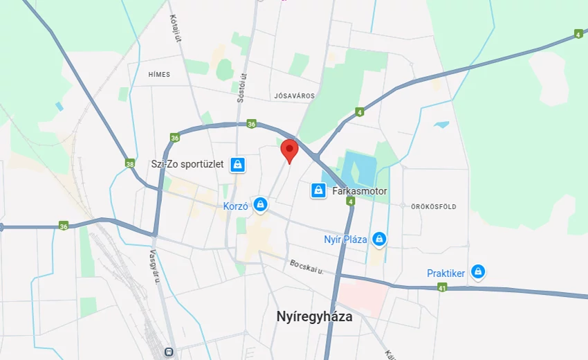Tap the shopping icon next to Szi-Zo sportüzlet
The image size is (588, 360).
(237, 165)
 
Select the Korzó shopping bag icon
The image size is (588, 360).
(260, 204)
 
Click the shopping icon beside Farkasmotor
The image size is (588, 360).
(318, 190)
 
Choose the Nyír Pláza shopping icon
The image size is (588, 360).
(379, 240)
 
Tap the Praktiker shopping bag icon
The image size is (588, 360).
(477, 272)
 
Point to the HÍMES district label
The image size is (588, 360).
(158, 74)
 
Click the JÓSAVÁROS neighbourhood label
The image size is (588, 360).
(294, 96)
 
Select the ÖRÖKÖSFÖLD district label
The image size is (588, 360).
(434, 206)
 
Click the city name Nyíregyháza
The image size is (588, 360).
(314, 317)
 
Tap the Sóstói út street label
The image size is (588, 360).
(241, 88)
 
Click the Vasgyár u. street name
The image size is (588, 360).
(155, 266)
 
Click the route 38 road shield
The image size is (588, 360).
(130, 164)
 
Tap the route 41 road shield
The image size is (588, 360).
(442, 287)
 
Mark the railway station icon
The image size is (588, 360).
(168, 352)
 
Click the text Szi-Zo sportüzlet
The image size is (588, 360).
(187, 165)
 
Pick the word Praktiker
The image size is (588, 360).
(445, 273)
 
